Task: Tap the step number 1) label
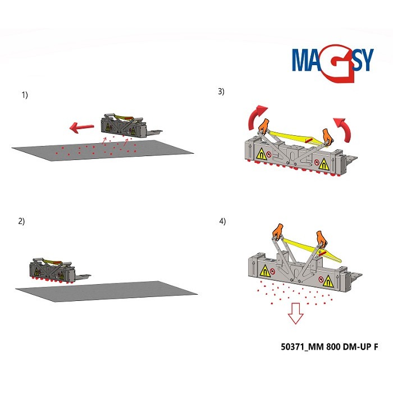[x=24, y=95]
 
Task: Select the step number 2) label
[x=22, y=221]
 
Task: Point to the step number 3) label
[x=221, y=92]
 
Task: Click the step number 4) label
[x=222, y=221]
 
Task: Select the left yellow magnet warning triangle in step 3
[x=261, y=154]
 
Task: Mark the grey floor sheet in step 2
[x=107, y=291]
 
